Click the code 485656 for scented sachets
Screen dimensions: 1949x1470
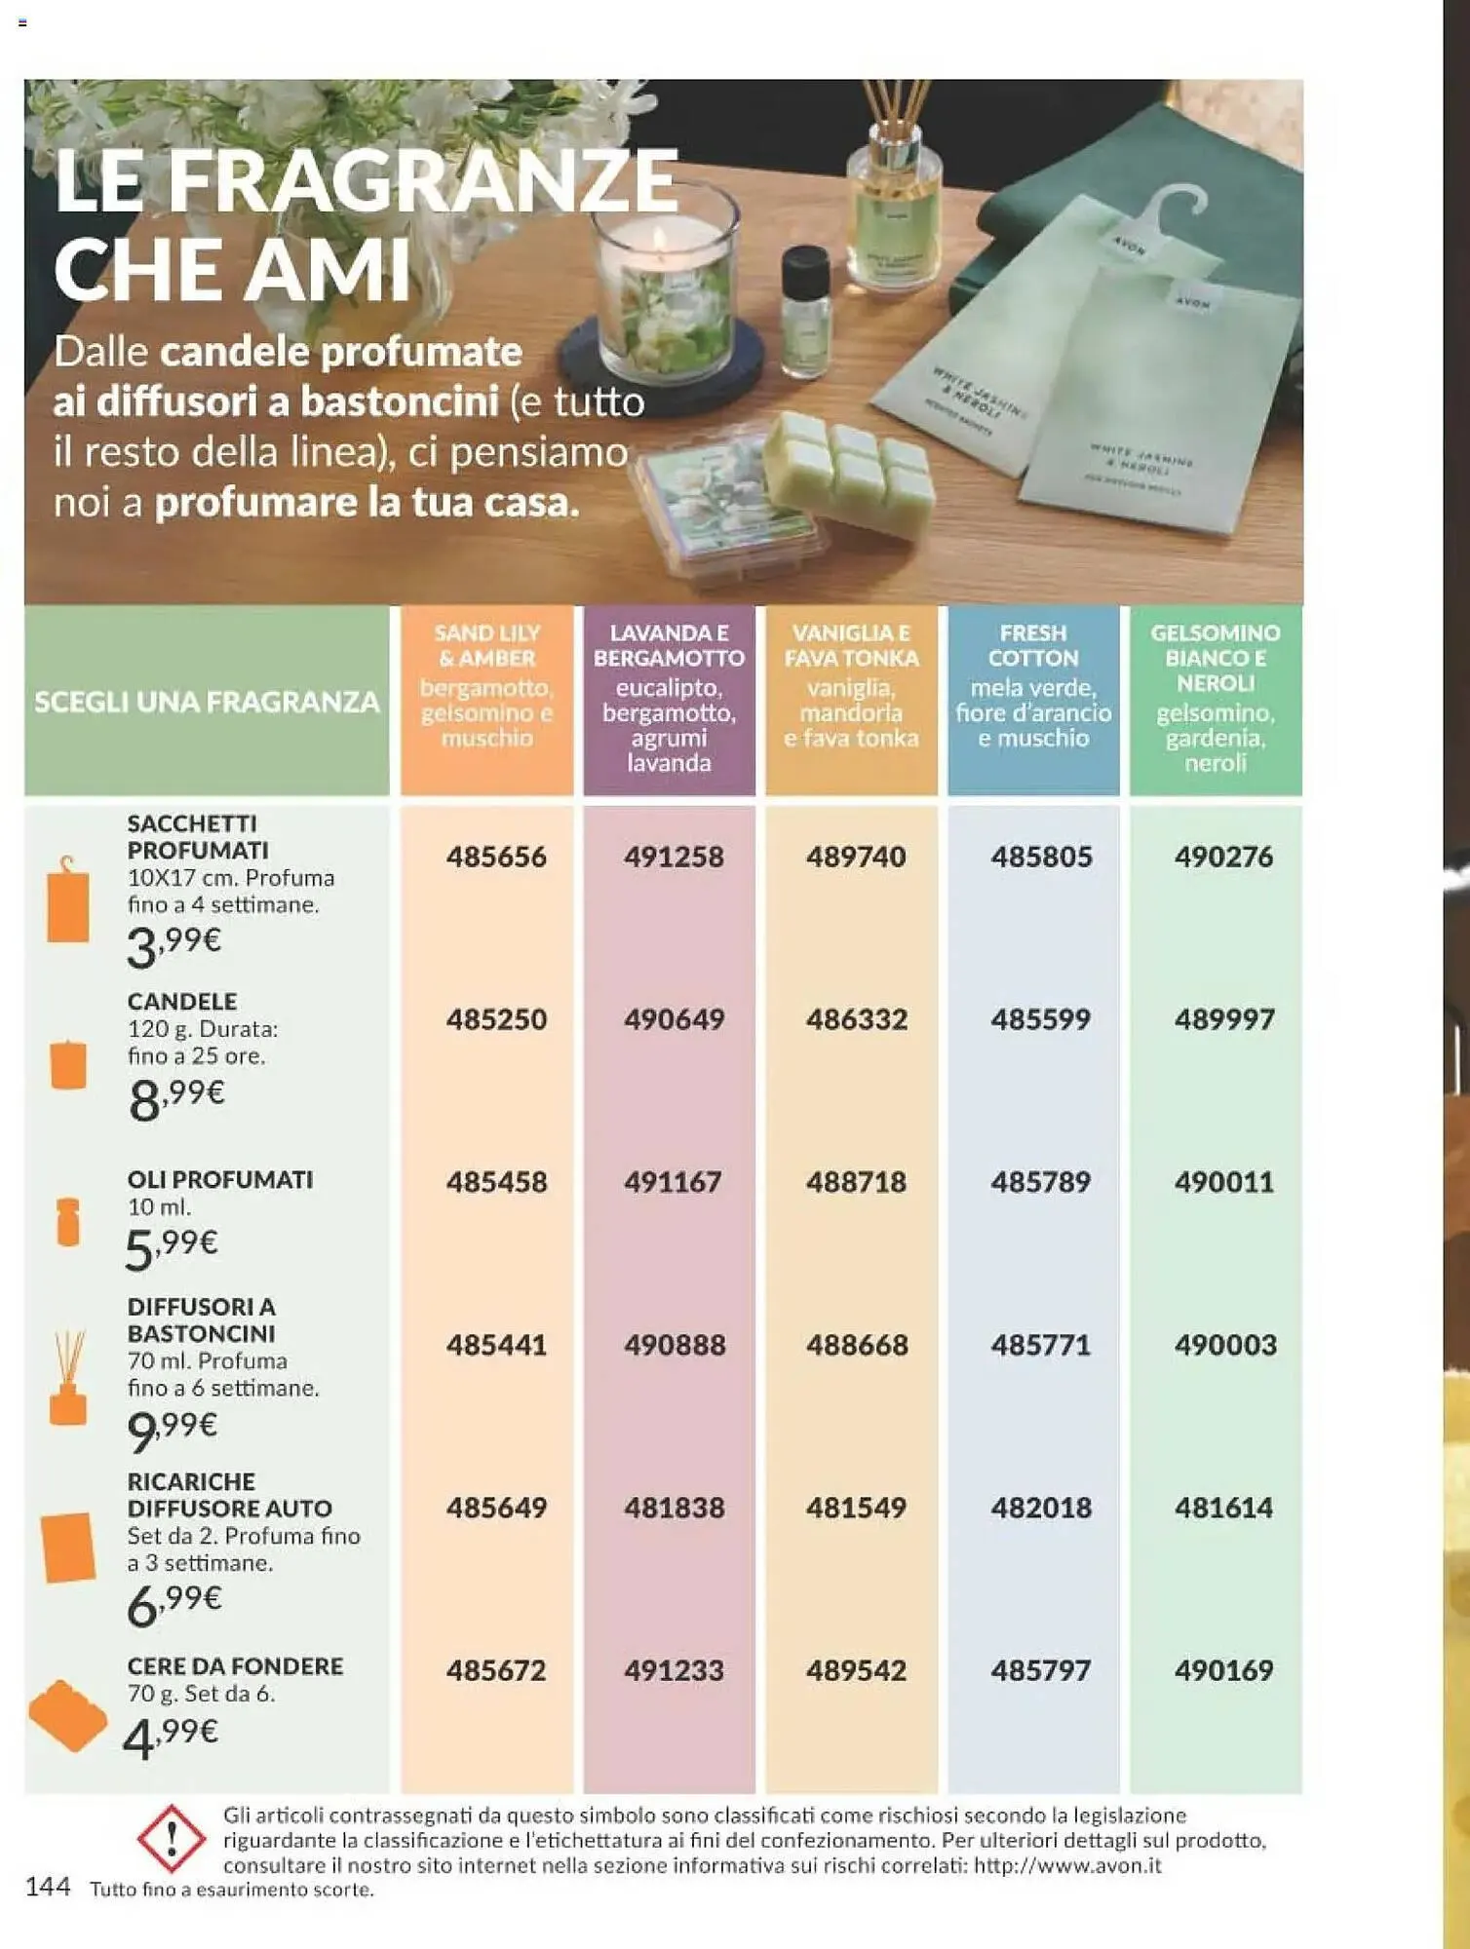496,857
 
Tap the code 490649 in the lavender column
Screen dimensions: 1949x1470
675,1019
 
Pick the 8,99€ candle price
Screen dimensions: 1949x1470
176,1098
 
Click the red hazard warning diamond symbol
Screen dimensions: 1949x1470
172,1839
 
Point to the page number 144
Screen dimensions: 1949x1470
48,1888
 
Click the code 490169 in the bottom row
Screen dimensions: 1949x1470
1223,1670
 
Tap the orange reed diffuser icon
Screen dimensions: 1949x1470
68,1380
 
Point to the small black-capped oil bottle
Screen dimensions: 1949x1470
806,312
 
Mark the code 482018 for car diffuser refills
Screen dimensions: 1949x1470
1041,1508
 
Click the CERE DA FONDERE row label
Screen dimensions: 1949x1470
235,1666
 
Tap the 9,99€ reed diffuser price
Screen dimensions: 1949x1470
173,1429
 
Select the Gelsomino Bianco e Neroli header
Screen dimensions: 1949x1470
1215,697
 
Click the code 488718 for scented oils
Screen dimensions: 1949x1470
856,1182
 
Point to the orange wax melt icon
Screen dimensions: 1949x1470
67,1715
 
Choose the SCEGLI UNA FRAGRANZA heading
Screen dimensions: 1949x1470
207,702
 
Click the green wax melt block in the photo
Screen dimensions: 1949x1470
848,473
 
